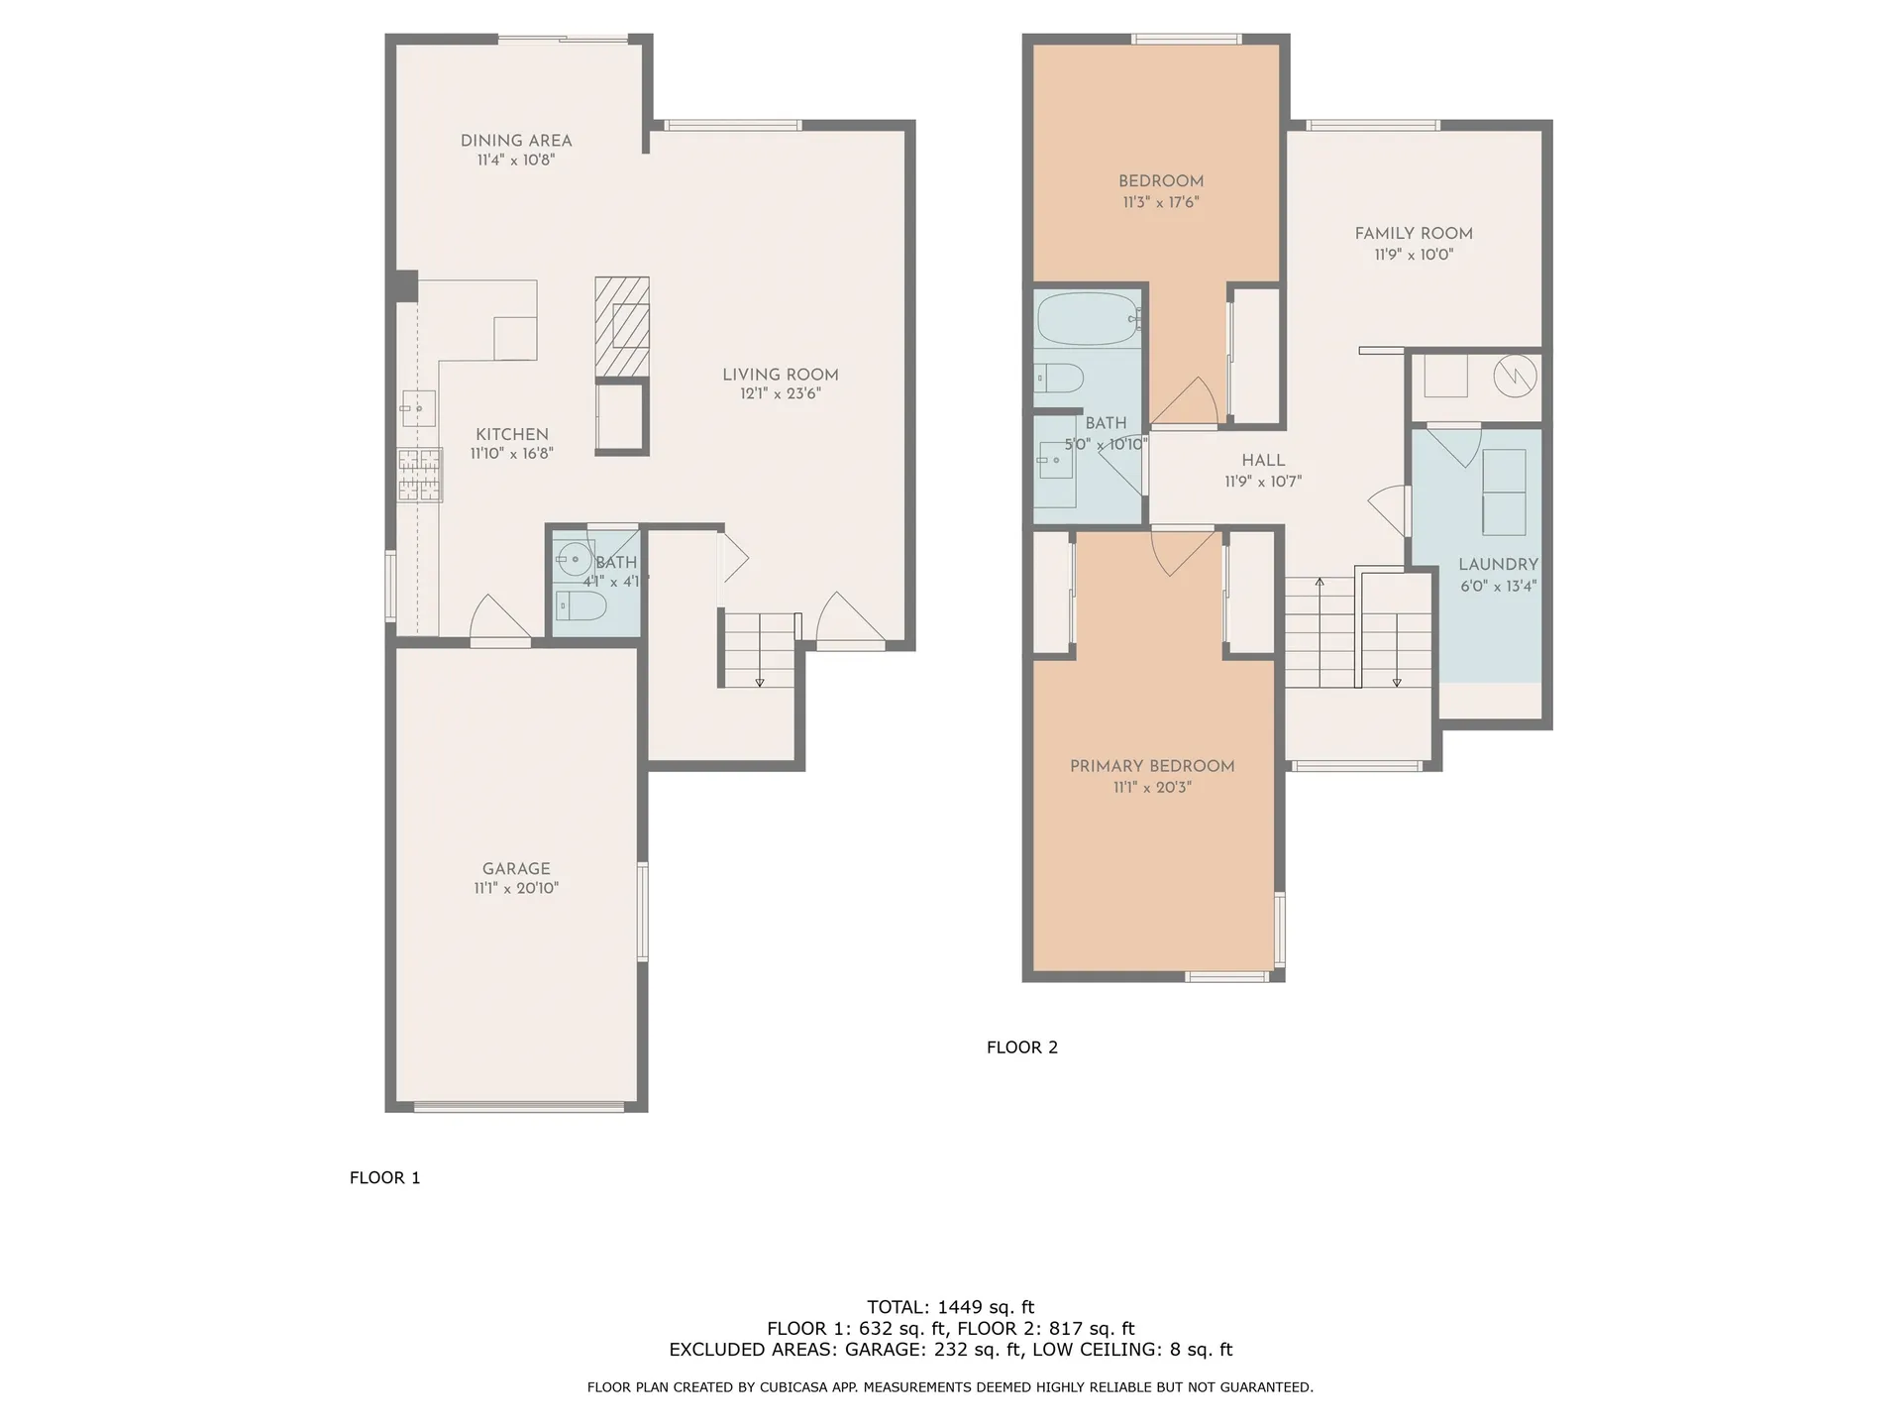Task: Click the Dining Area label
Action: pos(515,141)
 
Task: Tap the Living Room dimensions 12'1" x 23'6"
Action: pos(780,393)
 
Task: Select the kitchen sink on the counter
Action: pos(418,407)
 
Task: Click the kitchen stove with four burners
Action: pos(420,475)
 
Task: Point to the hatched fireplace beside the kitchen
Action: pos(621,327)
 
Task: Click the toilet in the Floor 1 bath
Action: pos(581,604)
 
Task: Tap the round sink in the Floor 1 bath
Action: pos(574,559)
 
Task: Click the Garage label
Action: pos(515,868)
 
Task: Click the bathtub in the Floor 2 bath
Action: pos(1088,318)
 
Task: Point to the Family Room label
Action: pos(1413,234)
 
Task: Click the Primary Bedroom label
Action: pos(1151,766)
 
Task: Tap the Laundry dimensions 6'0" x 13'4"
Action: pos(1498,586)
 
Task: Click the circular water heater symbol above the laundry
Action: pos(1515,374)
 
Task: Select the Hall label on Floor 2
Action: pos(1263,461)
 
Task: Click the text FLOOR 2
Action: pos(1021,1047)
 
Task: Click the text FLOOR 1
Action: pos(384,1177)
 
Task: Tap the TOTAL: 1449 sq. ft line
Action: pos(950,1307)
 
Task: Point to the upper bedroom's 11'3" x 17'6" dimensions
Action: pos(1160,202)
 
